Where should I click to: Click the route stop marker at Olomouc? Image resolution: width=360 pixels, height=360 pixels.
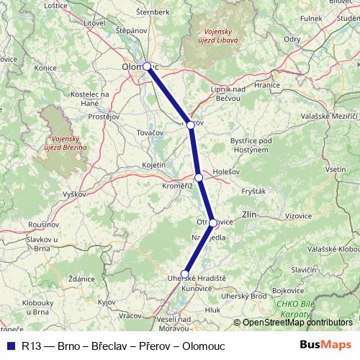click(x=147, y=66)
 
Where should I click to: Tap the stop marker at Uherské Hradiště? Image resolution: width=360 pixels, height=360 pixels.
click(x=185, y=274)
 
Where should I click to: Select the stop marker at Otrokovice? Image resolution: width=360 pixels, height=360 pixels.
click(x=213, y=222)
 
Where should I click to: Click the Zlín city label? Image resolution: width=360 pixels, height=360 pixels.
click(x=251, y=214)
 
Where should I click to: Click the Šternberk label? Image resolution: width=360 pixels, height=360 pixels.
click(x=153, y=12)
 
